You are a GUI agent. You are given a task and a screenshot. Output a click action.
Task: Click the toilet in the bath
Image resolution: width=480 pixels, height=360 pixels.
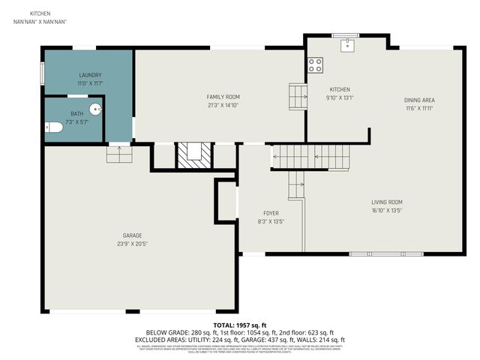click(x=53, y=128)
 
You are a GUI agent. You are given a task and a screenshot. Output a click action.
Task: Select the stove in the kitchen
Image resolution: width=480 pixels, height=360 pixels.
click(x=315, y=65)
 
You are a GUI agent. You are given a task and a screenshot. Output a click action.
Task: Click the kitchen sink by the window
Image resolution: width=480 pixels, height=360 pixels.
click(x=346, y=45)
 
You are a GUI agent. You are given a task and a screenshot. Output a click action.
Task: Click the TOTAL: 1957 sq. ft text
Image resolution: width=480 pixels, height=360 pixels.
click(x=240, y=325)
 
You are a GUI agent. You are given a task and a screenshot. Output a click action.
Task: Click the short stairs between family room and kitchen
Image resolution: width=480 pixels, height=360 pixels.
click(x=298, y=95)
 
